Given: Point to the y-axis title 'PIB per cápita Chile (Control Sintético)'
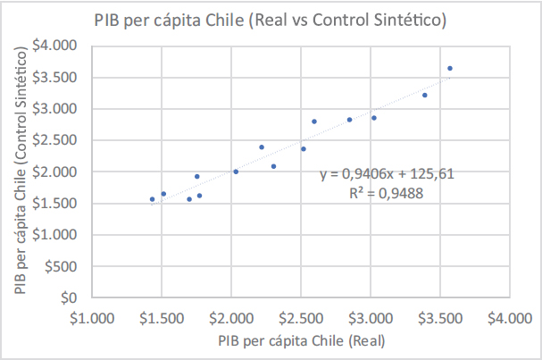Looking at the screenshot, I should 21,171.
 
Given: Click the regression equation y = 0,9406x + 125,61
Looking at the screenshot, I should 388,174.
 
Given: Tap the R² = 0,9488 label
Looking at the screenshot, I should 388,192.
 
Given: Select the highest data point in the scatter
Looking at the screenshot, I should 450,68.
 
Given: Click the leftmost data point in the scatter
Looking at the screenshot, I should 153,199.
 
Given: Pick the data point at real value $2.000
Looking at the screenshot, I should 236,172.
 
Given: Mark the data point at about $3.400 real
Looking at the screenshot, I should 425,95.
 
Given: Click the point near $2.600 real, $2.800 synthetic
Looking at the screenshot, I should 314,121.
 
